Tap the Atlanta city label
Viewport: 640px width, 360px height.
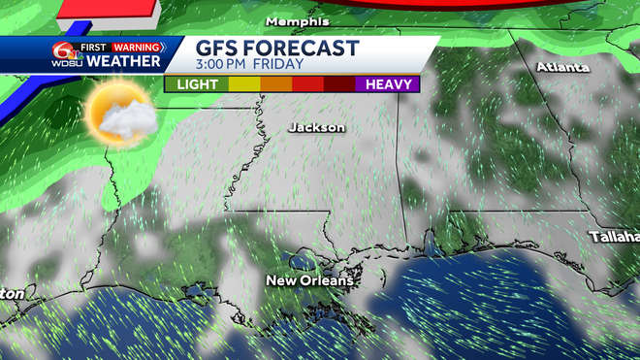563,68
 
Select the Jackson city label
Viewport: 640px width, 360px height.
317,127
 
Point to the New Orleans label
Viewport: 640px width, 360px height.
310,280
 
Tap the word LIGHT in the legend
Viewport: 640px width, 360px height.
197,84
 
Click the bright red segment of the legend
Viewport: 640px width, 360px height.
307,84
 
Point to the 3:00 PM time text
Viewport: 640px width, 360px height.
227,65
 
